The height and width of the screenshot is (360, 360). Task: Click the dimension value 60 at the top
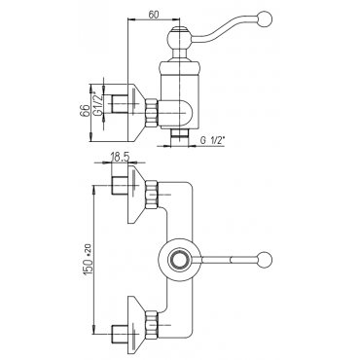coord(155,15)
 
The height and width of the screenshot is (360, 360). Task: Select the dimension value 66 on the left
coord(85,111)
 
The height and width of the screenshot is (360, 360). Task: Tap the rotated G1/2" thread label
coord(97,103)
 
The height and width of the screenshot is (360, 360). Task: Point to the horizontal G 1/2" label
coord(212,140)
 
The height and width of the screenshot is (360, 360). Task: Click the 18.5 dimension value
coord(120,158)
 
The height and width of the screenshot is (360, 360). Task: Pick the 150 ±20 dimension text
coord(88,260)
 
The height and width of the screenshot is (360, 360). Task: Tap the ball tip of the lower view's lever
coord(266,260)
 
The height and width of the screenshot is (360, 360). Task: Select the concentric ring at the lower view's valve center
coord(177,260)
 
